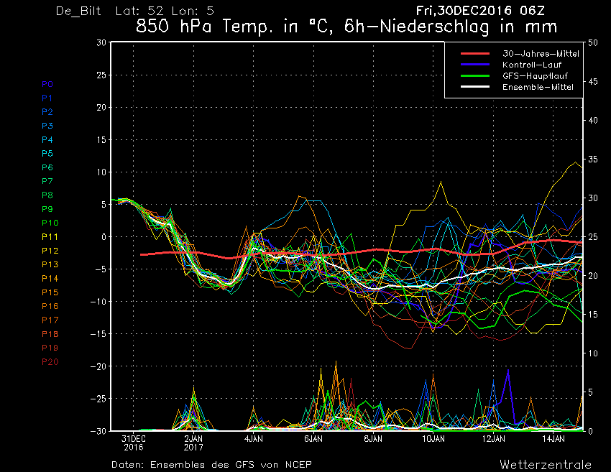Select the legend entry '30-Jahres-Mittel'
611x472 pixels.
(x=541, y=54)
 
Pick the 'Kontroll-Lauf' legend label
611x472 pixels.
(x=532, y=65)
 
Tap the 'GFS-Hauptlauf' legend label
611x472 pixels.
(x=535, y=76)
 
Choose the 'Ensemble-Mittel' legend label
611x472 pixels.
(x=538, y=87)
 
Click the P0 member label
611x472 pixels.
(x=47, y=84)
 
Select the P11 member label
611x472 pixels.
(x=50, y=237)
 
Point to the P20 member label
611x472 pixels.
(x=50, y=362)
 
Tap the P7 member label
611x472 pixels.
(x=47, y=181)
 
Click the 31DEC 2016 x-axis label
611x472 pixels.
(x=133, y=443)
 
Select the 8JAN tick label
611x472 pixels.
(x=373, y=439)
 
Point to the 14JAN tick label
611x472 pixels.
(x=553, y=439)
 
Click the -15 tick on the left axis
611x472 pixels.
(x=98, y=334)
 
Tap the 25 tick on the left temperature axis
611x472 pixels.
(x=101, y=75)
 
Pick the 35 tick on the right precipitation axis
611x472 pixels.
(x=593, y=159)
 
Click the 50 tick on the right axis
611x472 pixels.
(x=593, y=42)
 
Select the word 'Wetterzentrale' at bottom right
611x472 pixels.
(x=546, y=465)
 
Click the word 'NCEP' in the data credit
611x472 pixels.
(x=298, y=465)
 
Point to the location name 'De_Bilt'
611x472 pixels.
(x=78, y=11)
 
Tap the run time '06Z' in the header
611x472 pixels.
(x=532, y=11)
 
